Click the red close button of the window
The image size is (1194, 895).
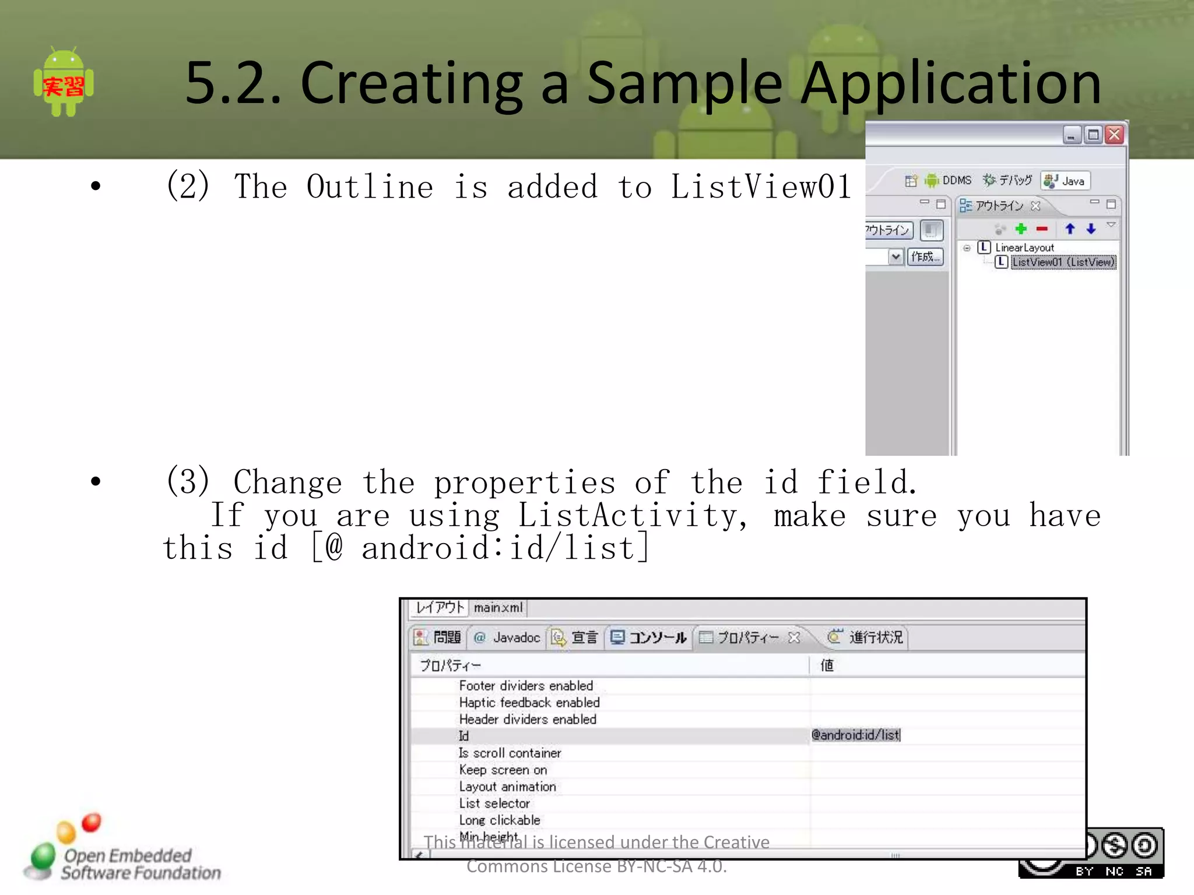click(x=1114, y=135)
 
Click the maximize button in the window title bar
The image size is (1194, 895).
click(x=1093, y=135)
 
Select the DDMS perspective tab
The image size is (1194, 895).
click(x=949, y=181)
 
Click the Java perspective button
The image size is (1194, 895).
click(x=1066, y=181)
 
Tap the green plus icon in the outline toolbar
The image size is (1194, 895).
click(x=1021, y=229)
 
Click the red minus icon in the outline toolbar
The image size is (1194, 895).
click(x=1042, y=229)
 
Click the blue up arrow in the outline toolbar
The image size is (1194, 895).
click(x=1070, y=229)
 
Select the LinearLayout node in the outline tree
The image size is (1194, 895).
click(x=1024, y=248)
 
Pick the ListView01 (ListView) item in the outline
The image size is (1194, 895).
click(x=1063, y=262)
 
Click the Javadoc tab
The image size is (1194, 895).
click(x=507, y=637)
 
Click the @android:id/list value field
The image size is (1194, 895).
click(x=855, y=735)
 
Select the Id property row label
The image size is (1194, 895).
click(x=463, y=736)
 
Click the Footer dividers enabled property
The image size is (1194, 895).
click(x=526, y=686)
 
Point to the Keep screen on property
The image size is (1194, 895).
click(x=503, y=770)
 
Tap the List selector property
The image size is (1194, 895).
click(x=494, y=804)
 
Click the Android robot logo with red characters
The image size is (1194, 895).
click(x=64, y=82)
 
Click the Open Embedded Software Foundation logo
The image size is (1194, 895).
click(x=122, y=851)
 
